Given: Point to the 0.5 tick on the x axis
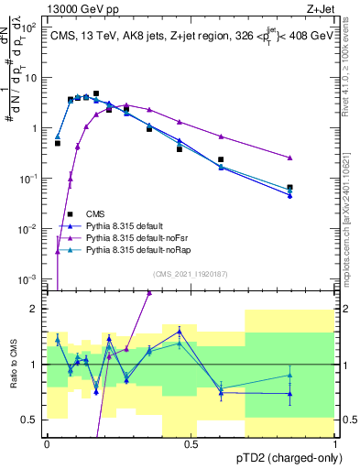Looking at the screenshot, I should (x=191, y=442).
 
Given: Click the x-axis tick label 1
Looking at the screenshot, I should (x=335, y=442).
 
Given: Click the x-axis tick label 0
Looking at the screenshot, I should (x=48, y=442).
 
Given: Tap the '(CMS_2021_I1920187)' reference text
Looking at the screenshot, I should (x=190, y=273).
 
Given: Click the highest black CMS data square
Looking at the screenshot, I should (x=96, y=93).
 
